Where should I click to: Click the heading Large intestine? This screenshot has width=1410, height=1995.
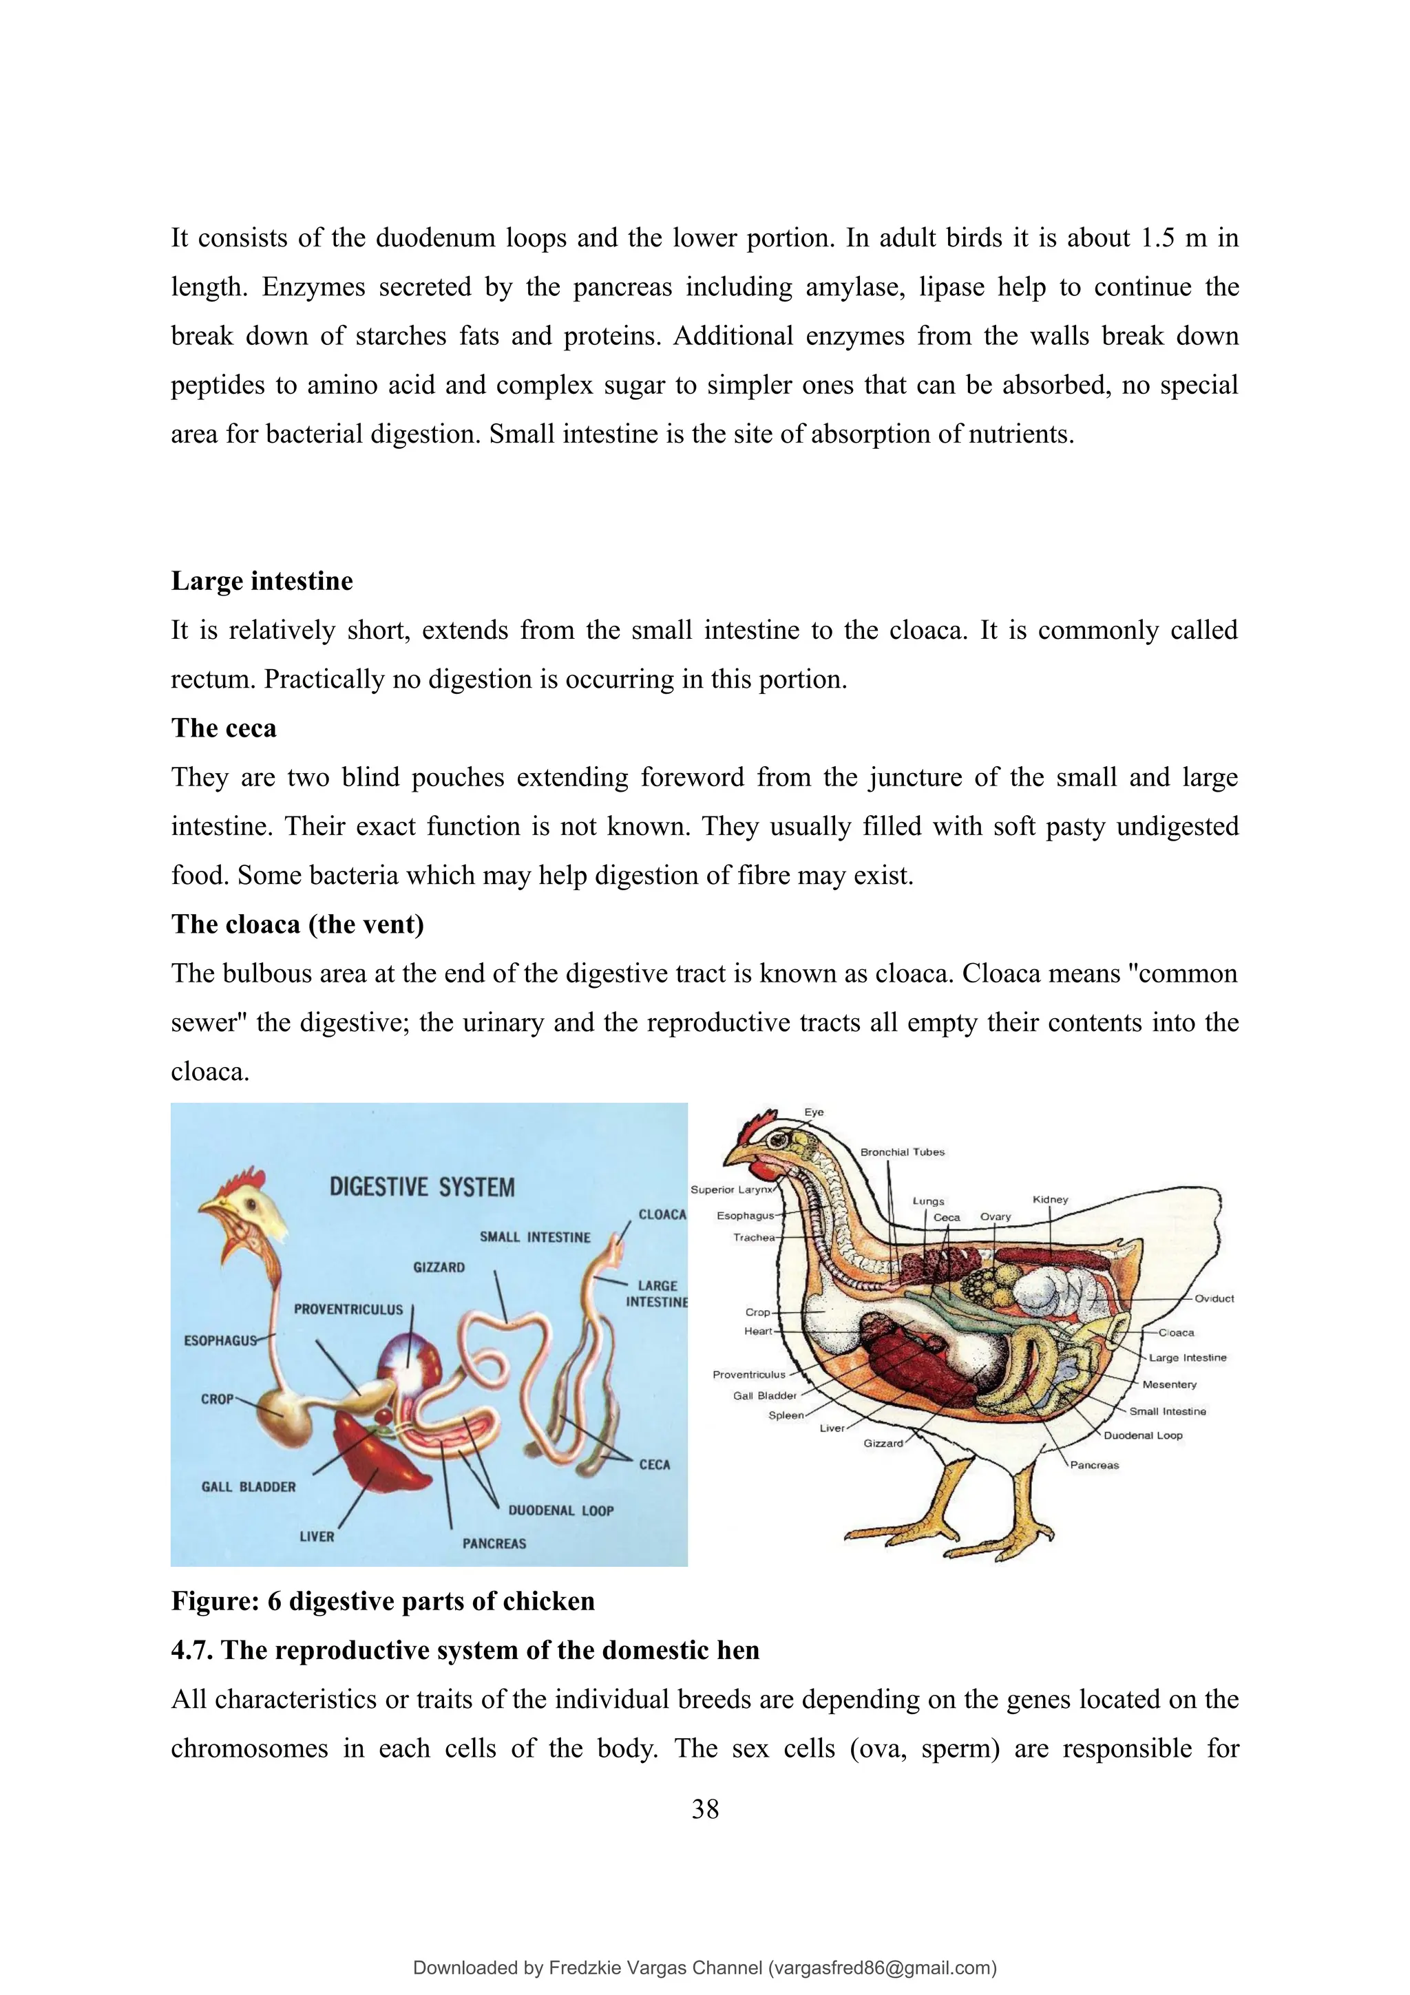[262, 580]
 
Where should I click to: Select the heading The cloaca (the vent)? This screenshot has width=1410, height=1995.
[297, 924]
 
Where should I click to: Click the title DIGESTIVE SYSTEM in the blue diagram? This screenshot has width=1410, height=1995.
[421, 1187]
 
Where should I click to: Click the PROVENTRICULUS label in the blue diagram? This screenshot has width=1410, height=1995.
[348, 1309]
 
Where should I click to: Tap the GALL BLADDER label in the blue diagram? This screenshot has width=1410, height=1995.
[249, 1487]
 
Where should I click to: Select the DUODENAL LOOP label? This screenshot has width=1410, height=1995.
[560, 1510]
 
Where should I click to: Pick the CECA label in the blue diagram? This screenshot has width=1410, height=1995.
[654, 1464]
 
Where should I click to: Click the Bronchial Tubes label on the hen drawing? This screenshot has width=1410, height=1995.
[902, 1152]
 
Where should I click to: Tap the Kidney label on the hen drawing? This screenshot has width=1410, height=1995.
[1051, 1199]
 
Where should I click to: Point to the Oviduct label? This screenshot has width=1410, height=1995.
[1214, 1298]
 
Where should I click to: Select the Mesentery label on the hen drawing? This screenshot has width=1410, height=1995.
[1168, 1384]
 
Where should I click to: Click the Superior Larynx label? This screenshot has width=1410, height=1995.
[730, 1190]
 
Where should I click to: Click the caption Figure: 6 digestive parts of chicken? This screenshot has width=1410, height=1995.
[382, 1601]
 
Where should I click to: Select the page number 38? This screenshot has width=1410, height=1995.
[704, 1809]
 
